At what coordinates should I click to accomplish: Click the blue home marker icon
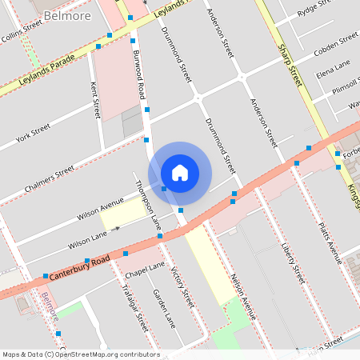pyautogui.click(x=180, y=172)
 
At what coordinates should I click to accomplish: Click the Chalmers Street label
pyautogui.click(x=50, y=174)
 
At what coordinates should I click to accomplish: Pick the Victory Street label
pyautogui.click(x=183, y=288)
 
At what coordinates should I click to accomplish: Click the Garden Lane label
pyautogui.click(x=164, y=307)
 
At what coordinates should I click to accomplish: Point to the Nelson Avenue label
pyautogui.click(x=243, y=294)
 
